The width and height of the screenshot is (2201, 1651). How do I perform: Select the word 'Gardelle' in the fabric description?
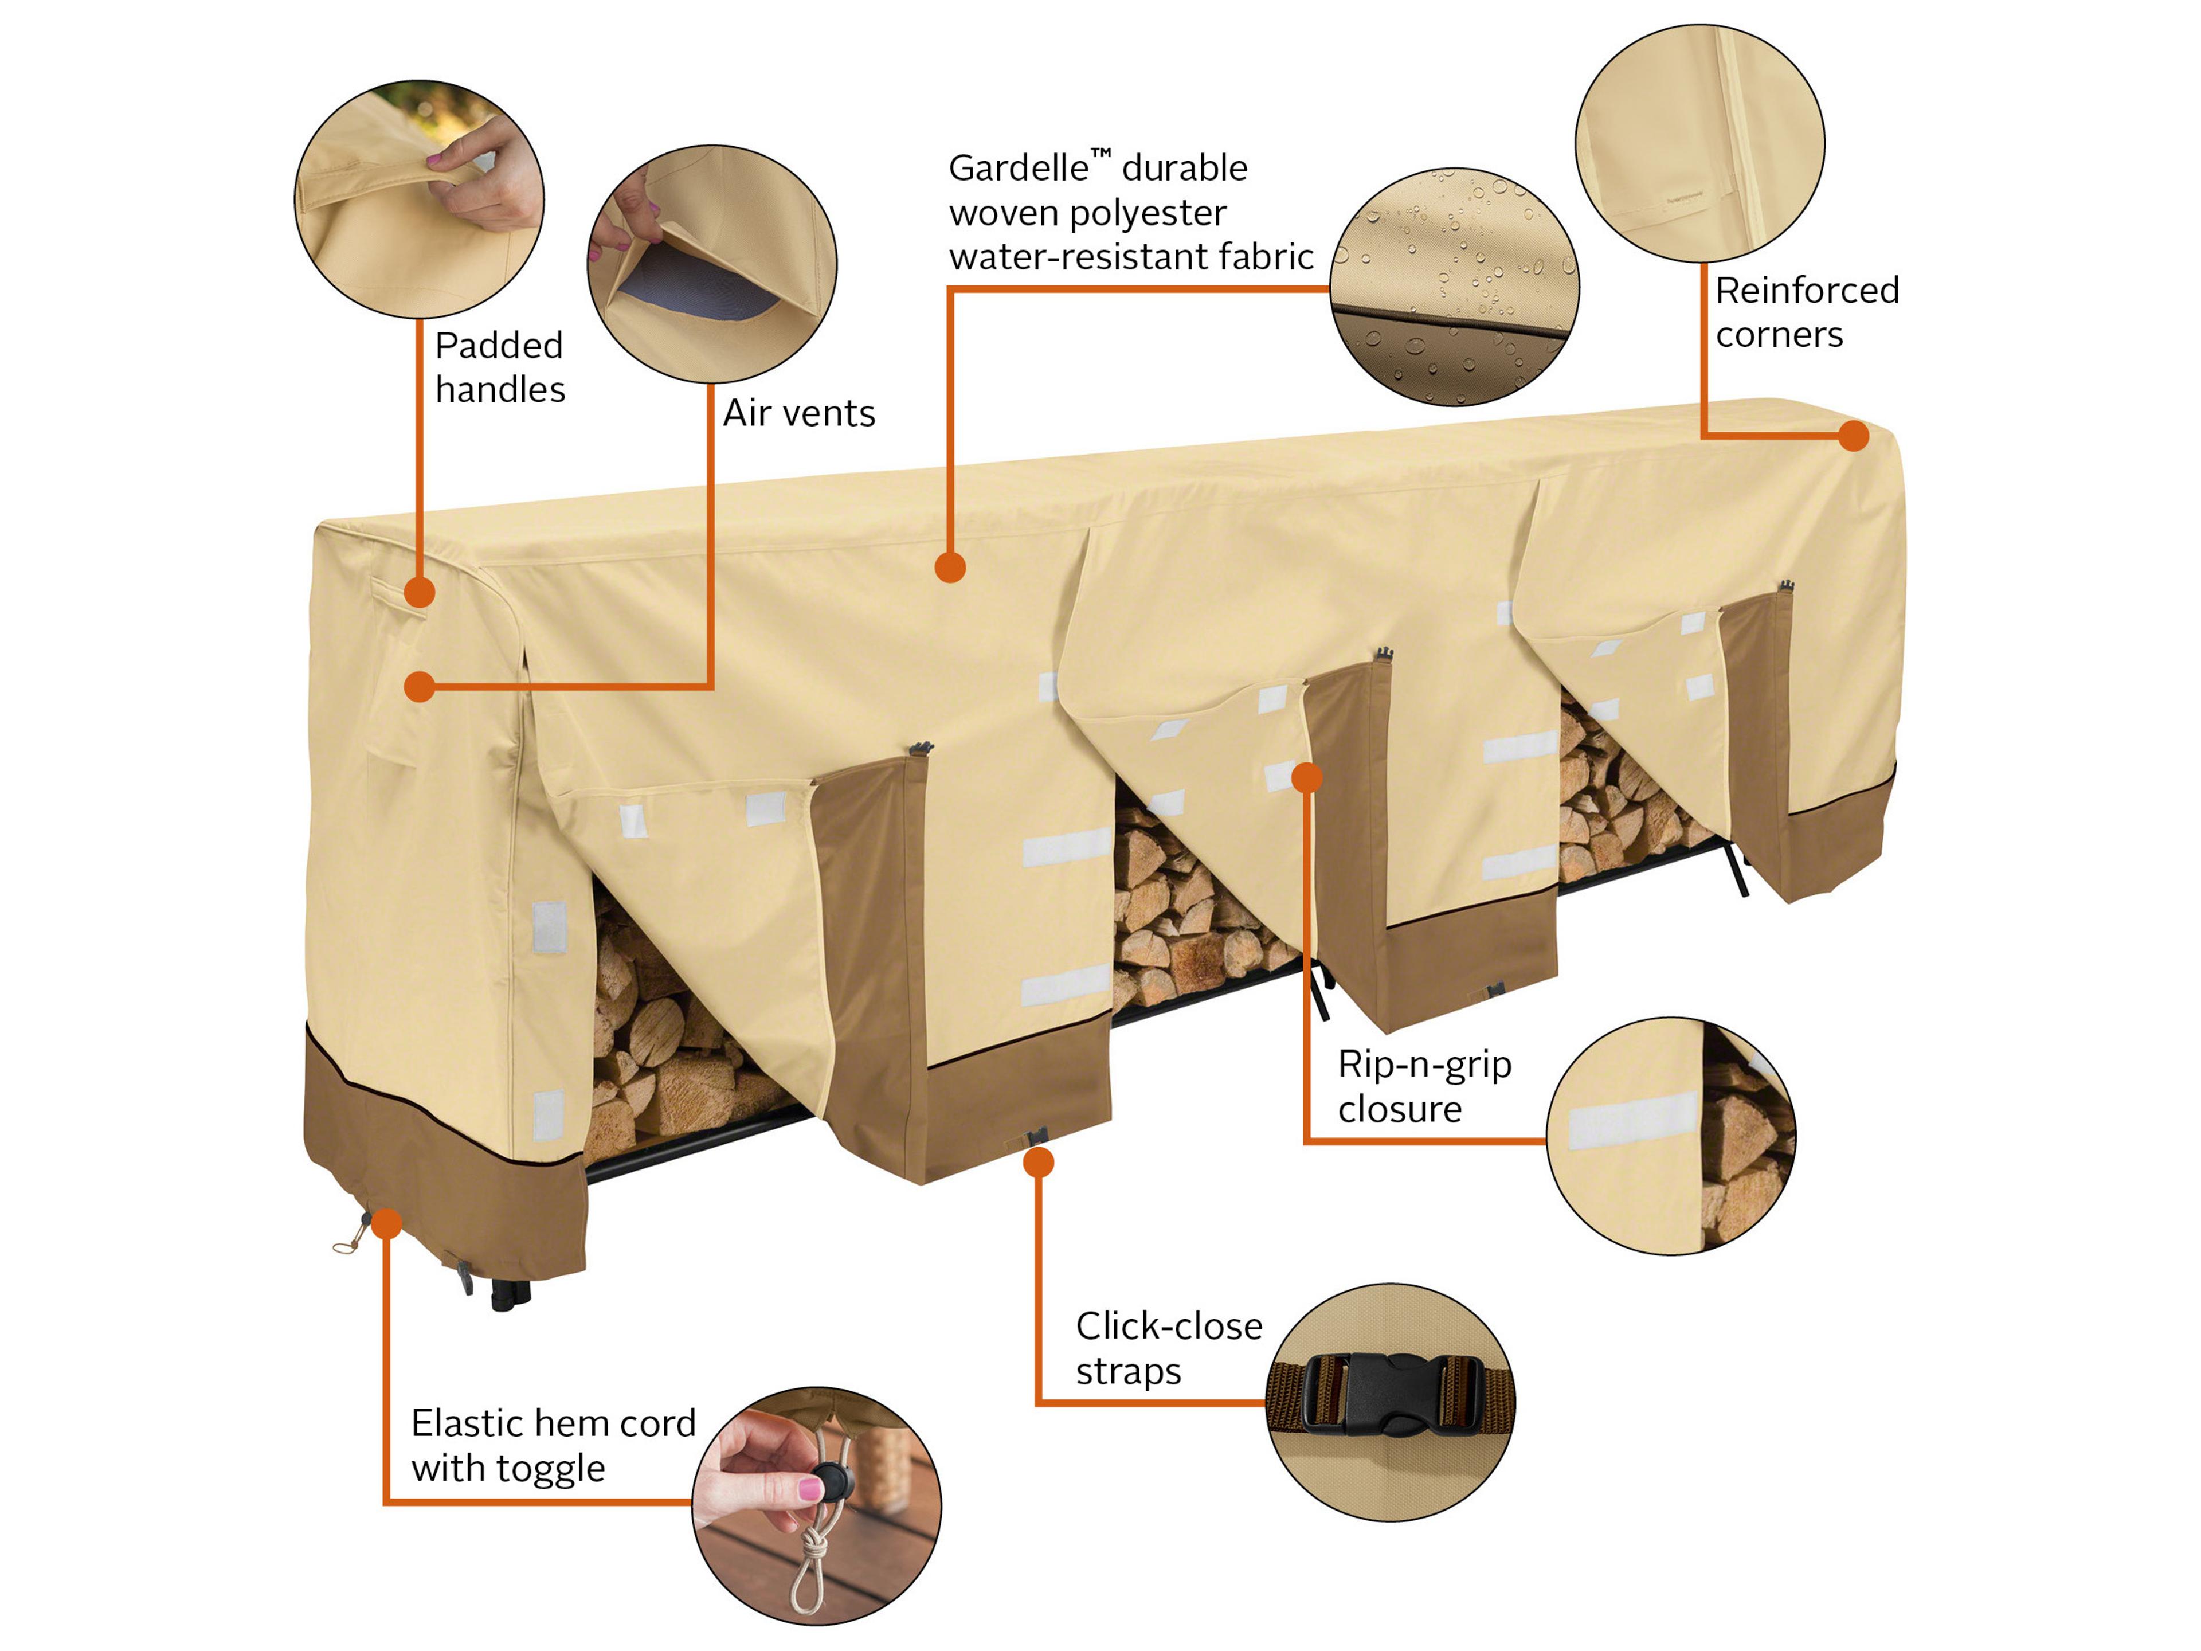[1017, 168]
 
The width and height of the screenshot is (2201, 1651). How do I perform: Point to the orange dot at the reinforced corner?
[1853, 435]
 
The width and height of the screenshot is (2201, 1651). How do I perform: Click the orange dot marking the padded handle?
[420, 592]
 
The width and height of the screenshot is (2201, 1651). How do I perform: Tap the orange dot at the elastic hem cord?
[387, 1223]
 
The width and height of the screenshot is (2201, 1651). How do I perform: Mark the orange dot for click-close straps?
[1039, 1161]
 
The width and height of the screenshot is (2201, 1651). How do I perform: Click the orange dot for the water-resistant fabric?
[950, 568]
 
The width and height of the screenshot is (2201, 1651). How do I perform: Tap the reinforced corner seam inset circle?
[1699, 144]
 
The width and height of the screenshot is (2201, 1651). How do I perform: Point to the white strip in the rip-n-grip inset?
[1632, 1120]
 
